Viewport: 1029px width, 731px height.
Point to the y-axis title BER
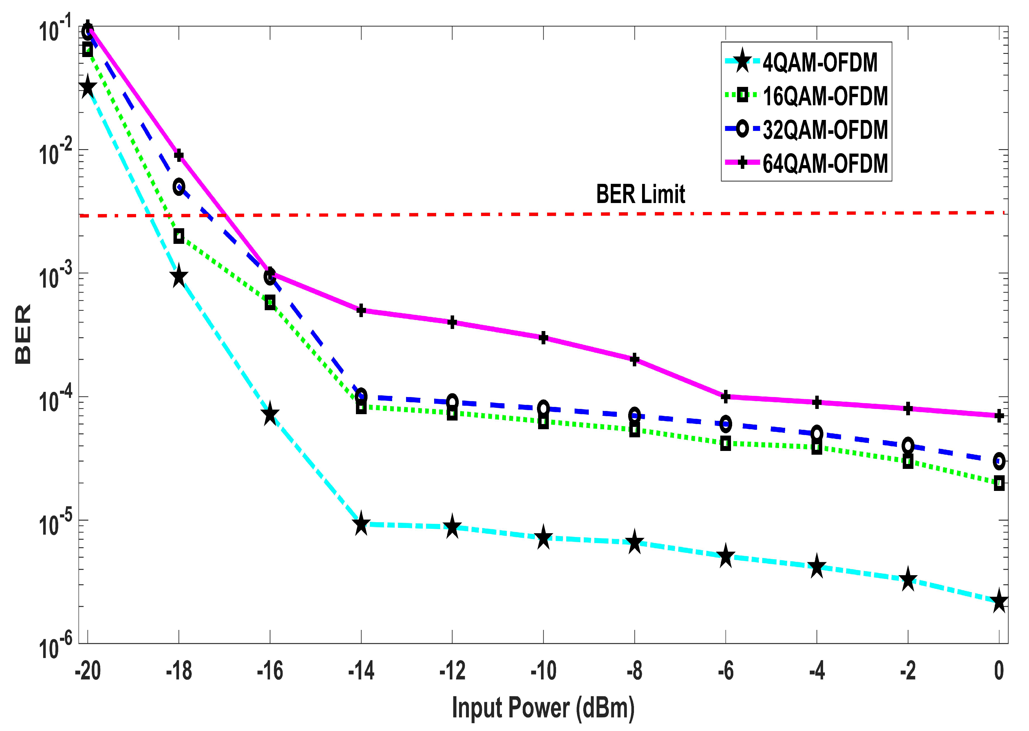(23, 334)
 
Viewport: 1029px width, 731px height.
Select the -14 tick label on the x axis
(361, 671)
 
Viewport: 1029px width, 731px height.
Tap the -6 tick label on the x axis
(725, 671)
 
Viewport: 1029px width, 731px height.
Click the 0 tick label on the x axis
(999, 671)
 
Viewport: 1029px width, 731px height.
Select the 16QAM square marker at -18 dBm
(179, 236)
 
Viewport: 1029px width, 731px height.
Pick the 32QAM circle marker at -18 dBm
(179, 187)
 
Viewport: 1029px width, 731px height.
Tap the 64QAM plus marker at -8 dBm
(634, 359)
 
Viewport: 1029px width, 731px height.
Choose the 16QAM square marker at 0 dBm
(999, 483)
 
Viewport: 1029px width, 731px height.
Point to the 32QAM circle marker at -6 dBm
(725, 423)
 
